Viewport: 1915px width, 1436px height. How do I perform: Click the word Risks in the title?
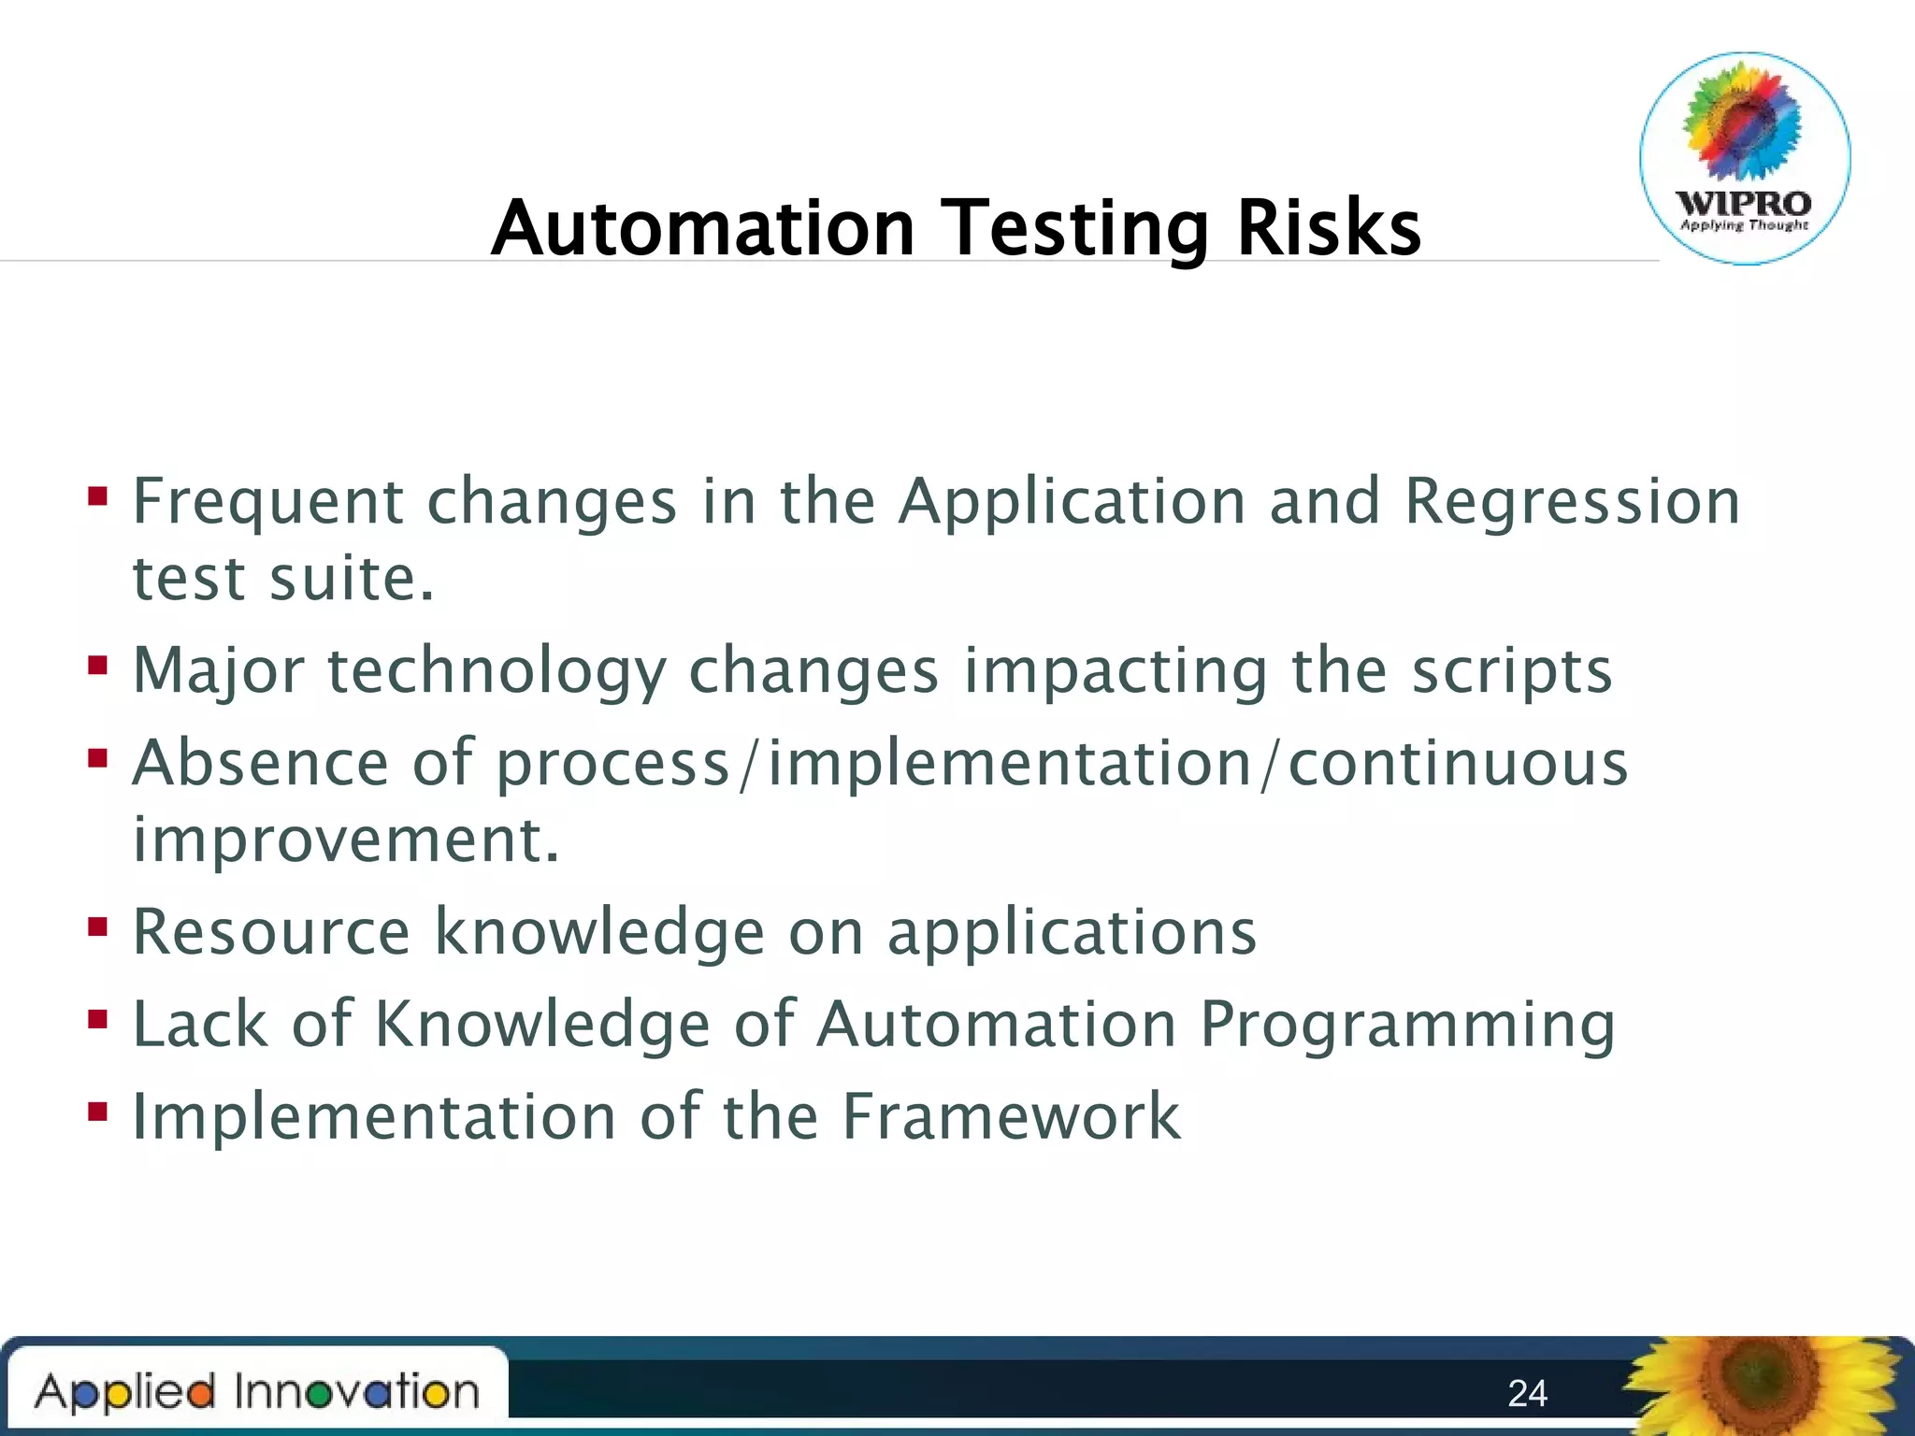(x=1328, y=228)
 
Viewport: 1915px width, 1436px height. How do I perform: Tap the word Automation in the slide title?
(x=703, y=228)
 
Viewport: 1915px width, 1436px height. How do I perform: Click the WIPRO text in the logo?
(x=1743, y=203)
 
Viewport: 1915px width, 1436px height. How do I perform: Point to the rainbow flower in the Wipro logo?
(x=1743, y=122)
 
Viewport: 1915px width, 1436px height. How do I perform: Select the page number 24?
(x=1527, y=1393)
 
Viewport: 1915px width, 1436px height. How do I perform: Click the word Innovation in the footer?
(x=356, y=1391)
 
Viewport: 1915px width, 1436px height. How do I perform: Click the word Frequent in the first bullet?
(x=267, y=501)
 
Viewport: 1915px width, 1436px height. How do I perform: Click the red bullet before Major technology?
(x=98, y=666)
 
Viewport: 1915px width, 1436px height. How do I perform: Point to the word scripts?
(x=1512, y=671)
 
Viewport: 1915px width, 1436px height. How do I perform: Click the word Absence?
(x=260, y=763)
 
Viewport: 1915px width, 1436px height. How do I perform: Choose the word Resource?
(x=271, y=932)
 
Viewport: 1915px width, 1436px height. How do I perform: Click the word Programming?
(x=1407, y=1025)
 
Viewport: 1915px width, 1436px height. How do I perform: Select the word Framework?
(x=1011, y=1116)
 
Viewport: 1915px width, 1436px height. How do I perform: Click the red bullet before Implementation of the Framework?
(x=98, y=1112)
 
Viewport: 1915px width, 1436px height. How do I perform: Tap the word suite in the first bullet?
(x=351, y=578)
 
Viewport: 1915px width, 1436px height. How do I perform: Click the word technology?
(x=497, y=671)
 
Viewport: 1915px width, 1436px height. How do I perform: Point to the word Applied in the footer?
(x=125, y=1391)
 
